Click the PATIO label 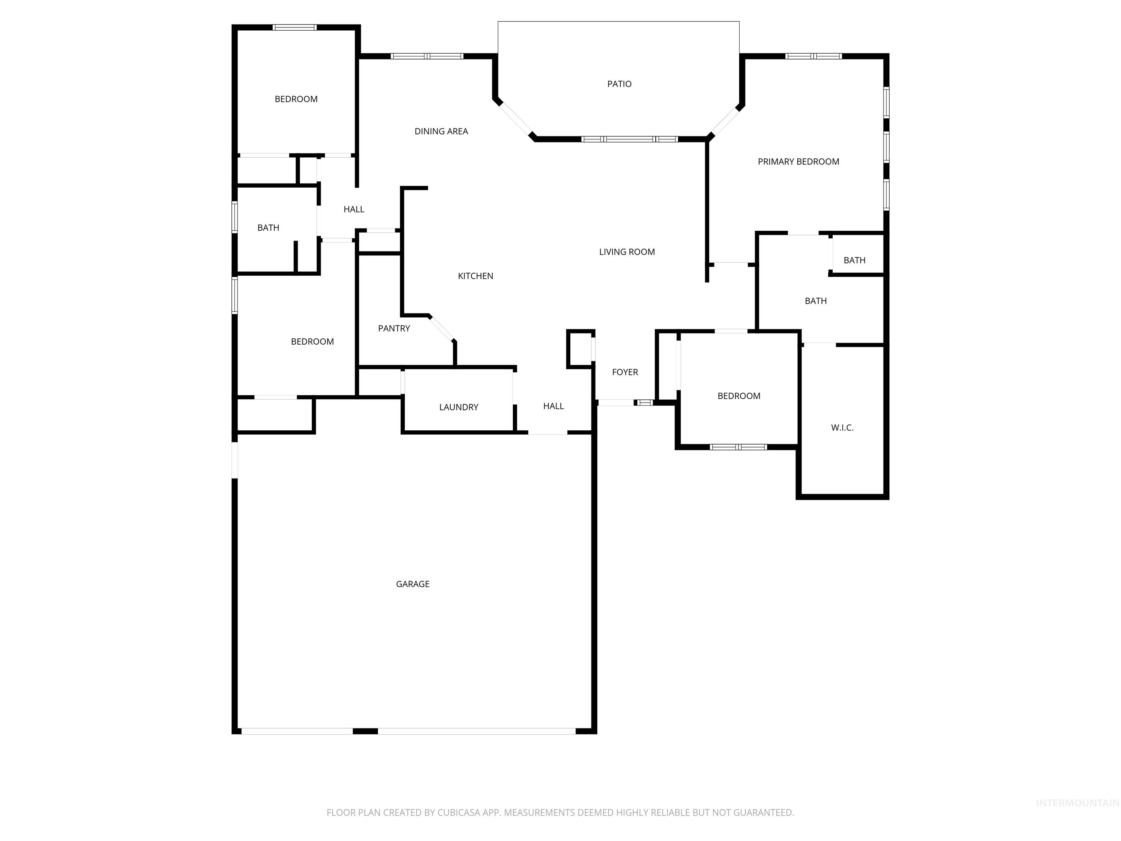[x=619, y=84]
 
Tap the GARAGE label [x=412, y=584]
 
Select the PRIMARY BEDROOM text [x=798, y=162]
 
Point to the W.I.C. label [x=842, y=428]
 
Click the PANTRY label [x=394, y=329]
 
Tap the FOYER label [x=625, y=372]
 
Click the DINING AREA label [x=441, y=131]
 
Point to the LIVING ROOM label [x=627, y=252]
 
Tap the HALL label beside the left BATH [x=354, y=210]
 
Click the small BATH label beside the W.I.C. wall [x=854, y=261]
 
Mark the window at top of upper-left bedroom [x=294, y=27]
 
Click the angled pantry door [x=442, y=328]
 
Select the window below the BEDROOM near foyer [x=738, y=447]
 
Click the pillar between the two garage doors [x=365, y=731]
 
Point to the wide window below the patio [x=629, y=139]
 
